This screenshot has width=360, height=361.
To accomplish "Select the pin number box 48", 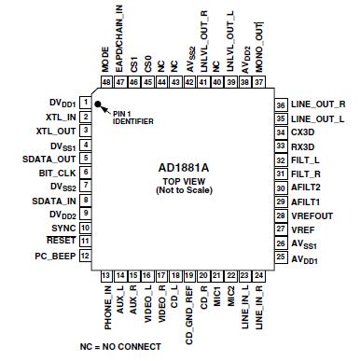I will point(106,82).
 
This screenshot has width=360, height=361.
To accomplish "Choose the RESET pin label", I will point(60,242).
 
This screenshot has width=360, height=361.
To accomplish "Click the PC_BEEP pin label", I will point(55,256).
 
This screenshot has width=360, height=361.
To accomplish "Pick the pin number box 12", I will point(85,256).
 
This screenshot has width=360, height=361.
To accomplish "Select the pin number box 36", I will point(280,104).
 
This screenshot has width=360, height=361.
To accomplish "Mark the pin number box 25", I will point(280,257).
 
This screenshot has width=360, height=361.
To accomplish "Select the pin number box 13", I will point(106,276).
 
